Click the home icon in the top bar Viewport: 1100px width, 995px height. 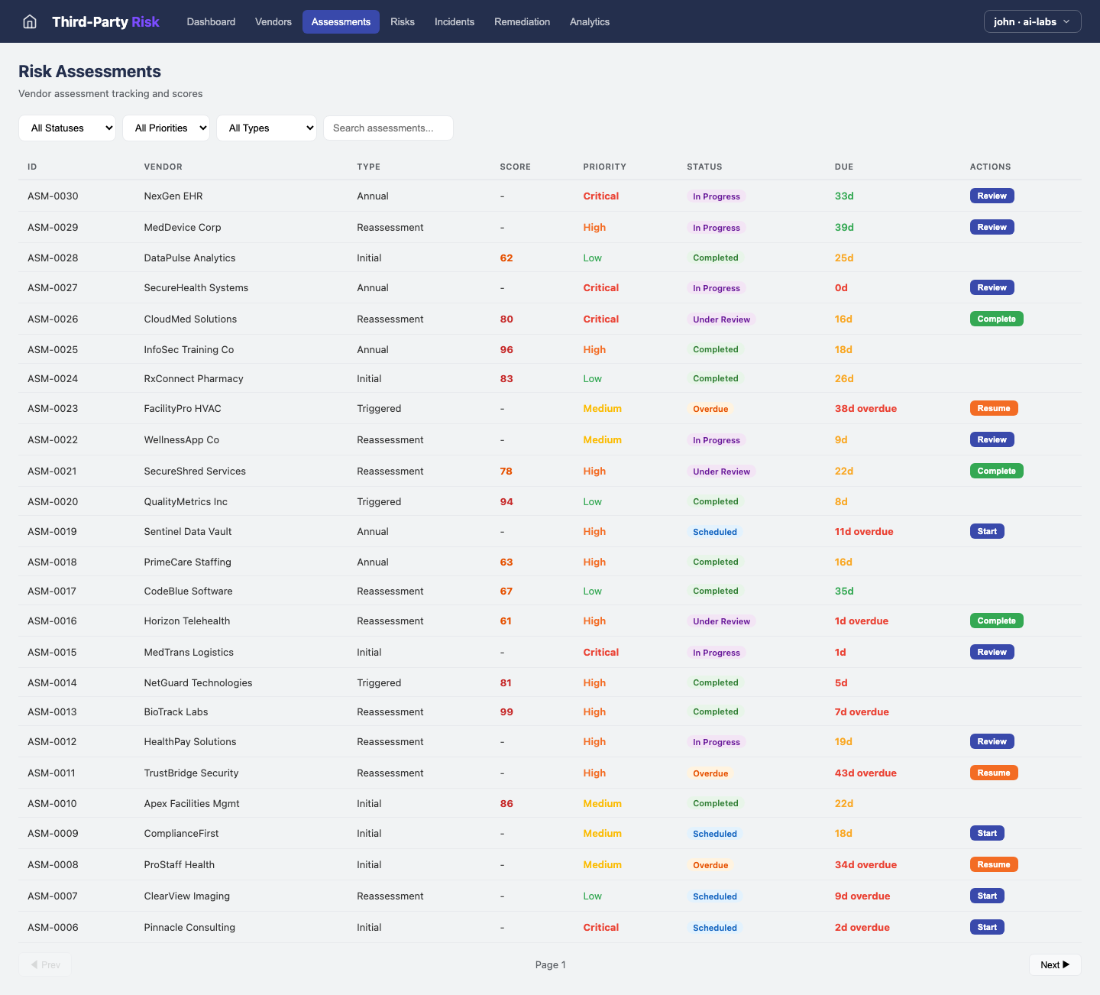pos(30,21)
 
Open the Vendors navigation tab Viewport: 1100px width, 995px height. pos(273,21)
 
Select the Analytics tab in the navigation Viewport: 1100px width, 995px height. pos(589,21)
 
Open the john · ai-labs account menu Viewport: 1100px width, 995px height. pos(1032,21)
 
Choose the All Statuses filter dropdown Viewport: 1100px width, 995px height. pos(66,128)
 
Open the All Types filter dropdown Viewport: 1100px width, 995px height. pos(266,128)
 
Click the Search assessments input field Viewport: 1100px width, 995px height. pos(388,128)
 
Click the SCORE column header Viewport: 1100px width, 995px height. pos(515,167)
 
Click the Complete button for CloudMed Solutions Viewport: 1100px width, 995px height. pos(996,319)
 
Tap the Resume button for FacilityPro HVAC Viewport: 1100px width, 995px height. pos(993,408)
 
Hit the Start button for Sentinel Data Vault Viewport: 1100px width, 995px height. pos(986,531)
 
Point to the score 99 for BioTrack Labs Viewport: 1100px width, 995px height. pos(506,711)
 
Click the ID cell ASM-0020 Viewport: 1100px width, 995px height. pos(53,501)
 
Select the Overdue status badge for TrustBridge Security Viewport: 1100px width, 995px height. pos(710,773)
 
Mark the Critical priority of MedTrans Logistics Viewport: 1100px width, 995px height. pos(600,652)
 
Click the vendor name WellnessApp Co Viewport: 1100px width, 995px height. pos(181,439)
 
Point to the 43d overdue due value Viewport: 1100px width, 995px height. pos(865,773)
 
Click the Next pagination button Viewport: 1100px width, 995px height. pos(1054,964)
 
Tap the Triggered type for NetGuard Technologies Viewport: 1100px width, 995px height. pos(379,682)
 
